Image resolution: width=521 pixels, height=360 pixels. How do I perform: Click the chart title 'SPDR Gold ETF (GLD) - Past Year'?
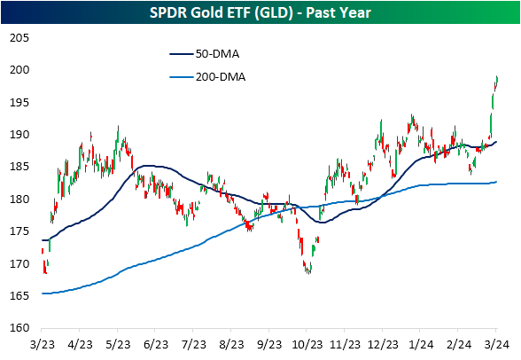[x=260, y=13]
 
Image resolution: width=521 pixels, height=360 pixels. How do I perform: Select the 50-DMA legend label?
[x=217, y=54]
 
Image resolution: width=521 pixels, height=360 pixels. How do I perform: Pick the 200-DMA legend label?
[x=221, y=77]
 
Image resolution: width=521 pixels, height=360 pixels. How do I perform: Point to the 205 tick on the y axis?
[x=19, y=38]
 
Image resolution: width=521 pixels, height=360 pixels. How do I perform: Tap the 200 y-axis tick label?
[x=19, y=70]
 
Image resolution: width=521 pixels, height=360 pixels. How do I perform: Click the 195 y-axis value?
[x=19, y=102]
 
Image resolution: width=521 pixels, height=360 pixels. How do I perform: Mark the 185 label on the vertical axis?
[x=19, y=167]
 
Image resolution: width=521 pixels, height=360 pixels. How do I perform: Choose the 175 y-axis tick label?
[x=19, y=231]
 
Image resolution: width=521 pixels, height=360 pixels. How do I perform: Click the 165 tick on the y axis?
[x=19, y=295]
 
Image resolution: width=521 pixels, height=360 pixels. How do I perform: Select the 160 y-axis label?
[x=19, y=328]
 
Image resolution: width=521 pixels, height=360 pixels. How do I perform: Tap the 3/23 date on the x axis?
[x=43, y=345]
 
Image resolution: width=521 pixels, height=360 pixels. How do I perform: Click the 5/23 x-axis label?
[x=118, y=345]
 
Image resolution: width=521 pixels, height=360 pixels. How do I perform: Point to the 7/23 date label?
[x=194, y=345]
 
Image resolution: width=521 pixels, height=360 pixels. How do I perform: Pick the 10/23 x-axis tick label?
[x=307, y=345]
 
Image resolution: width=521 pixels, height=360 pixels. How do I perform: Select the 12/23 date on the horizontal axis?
[x=383, y=345]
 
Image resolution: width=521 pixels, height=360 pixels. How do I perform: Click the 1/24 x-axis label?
[x=421, y=345]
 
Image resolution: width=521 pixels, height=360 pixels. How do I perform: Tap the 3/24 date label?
[x=496, y=345]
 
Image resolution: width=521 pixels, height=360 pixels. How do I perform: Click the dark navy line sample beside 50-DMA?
[x=182, y=54]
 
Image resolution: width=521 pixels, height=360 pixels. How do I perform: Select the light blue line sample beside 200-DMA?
[x=182, y=77]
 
